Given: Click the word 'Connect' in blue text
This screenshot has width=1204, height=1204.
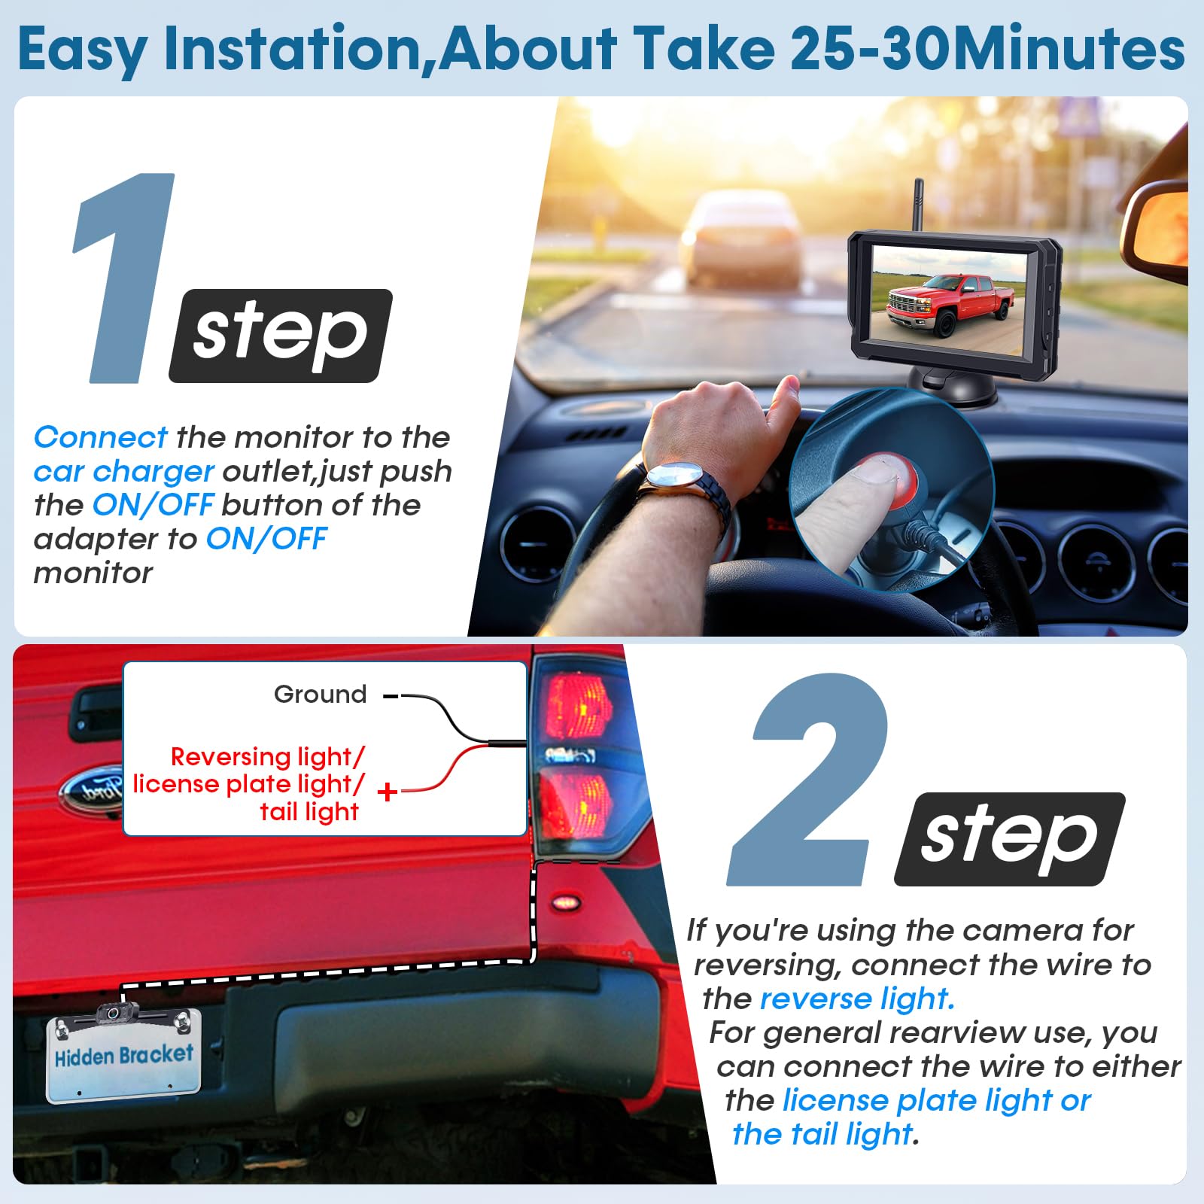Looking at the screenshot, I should point(100,437).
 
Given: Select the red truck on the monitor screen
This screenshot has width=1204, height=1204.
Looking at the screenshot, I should point(950,304).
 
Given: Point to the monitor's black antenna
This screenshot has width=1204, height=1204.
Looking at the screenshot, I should point(918,205).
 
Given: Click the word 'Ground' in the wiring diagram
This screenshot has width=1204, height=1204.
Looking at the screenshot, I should point(320,694).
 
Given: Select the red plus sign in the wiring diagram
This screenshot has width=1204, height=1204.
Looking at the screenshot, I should point(388,791).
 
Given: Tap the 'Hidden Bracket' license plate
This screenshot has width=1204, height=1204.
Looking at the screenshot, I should point(124,1057).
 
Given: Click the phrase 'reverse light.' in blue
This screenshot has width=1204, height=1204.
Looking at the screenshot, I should point(858,999).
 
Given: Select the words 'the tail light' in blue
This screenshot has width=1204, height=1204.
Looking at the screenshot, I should point(822,1133).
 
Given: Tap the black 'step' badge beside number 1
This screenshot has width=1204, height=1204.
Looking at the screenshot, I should point(281,336).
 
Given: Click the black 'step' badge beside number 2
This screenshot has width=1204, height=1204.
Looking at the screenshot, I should point(1009,839).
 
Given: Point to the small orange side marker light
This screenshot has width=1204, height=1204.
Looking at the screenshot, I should point(565,901).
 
